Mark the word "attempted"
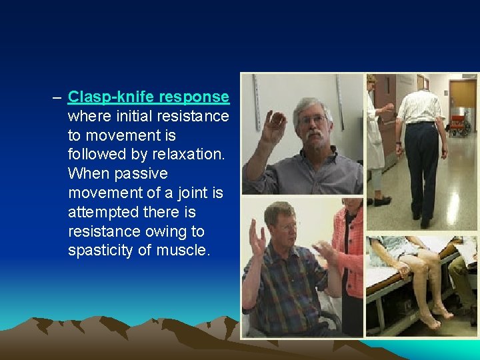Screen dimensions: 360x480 coord(100,213)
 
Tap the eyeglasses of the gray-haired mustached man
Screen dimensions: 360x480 coord(313,120)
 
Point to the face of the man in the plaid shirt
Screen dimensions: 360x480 coord(283,224)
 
